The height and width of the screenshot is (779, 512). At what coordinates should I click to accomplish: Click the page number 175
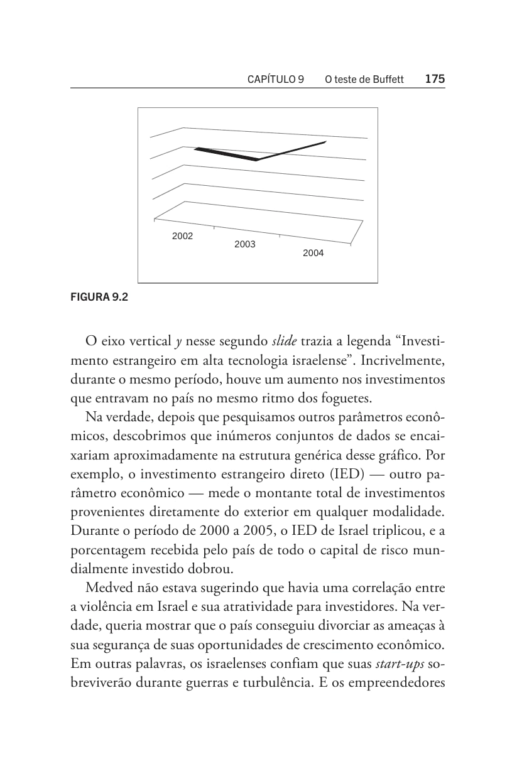435,79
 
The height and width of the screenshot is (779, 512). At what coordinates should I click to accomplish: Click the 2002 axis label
183,237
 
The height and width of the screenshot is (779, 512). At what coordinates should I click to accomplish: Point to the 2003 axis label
245,245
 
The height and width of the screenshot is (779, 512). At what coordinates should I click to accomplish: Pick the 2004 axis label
313,254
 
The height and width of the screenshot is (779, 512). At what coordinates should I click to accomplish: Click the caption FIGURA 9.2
99,298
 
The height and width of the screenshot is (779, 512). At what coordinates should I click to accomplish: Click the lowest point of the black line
256,159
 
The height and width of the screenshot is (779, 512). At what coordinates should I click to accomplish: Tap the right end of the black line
325,142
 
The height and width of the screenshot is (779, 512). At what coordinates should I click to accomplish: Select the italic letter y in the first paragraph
178,342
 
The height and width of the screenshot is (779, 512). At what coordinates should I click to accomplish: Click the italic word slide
285,341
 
